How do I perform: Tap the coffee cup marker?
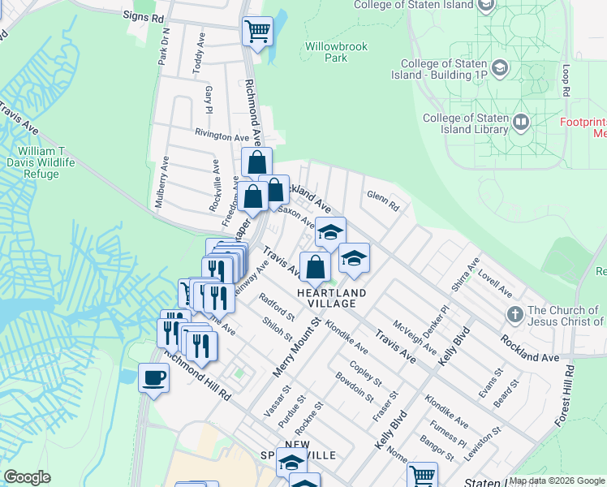[153, 377]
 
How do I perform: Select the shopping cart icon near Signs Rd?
[257, 32]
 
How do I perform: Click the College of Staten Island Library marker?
[520, 122]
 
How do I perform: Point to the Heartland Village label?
[331, 298]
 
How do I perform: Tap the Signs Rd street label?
[143, 15]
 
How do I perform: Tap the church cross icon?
[513, 313]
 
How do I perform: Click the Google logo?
[27, 477]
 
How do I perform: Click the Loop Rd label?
[564, 79]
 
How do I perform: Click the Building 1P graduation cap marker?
[501, 66]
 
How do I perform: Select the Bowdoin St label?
[354, 386]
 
